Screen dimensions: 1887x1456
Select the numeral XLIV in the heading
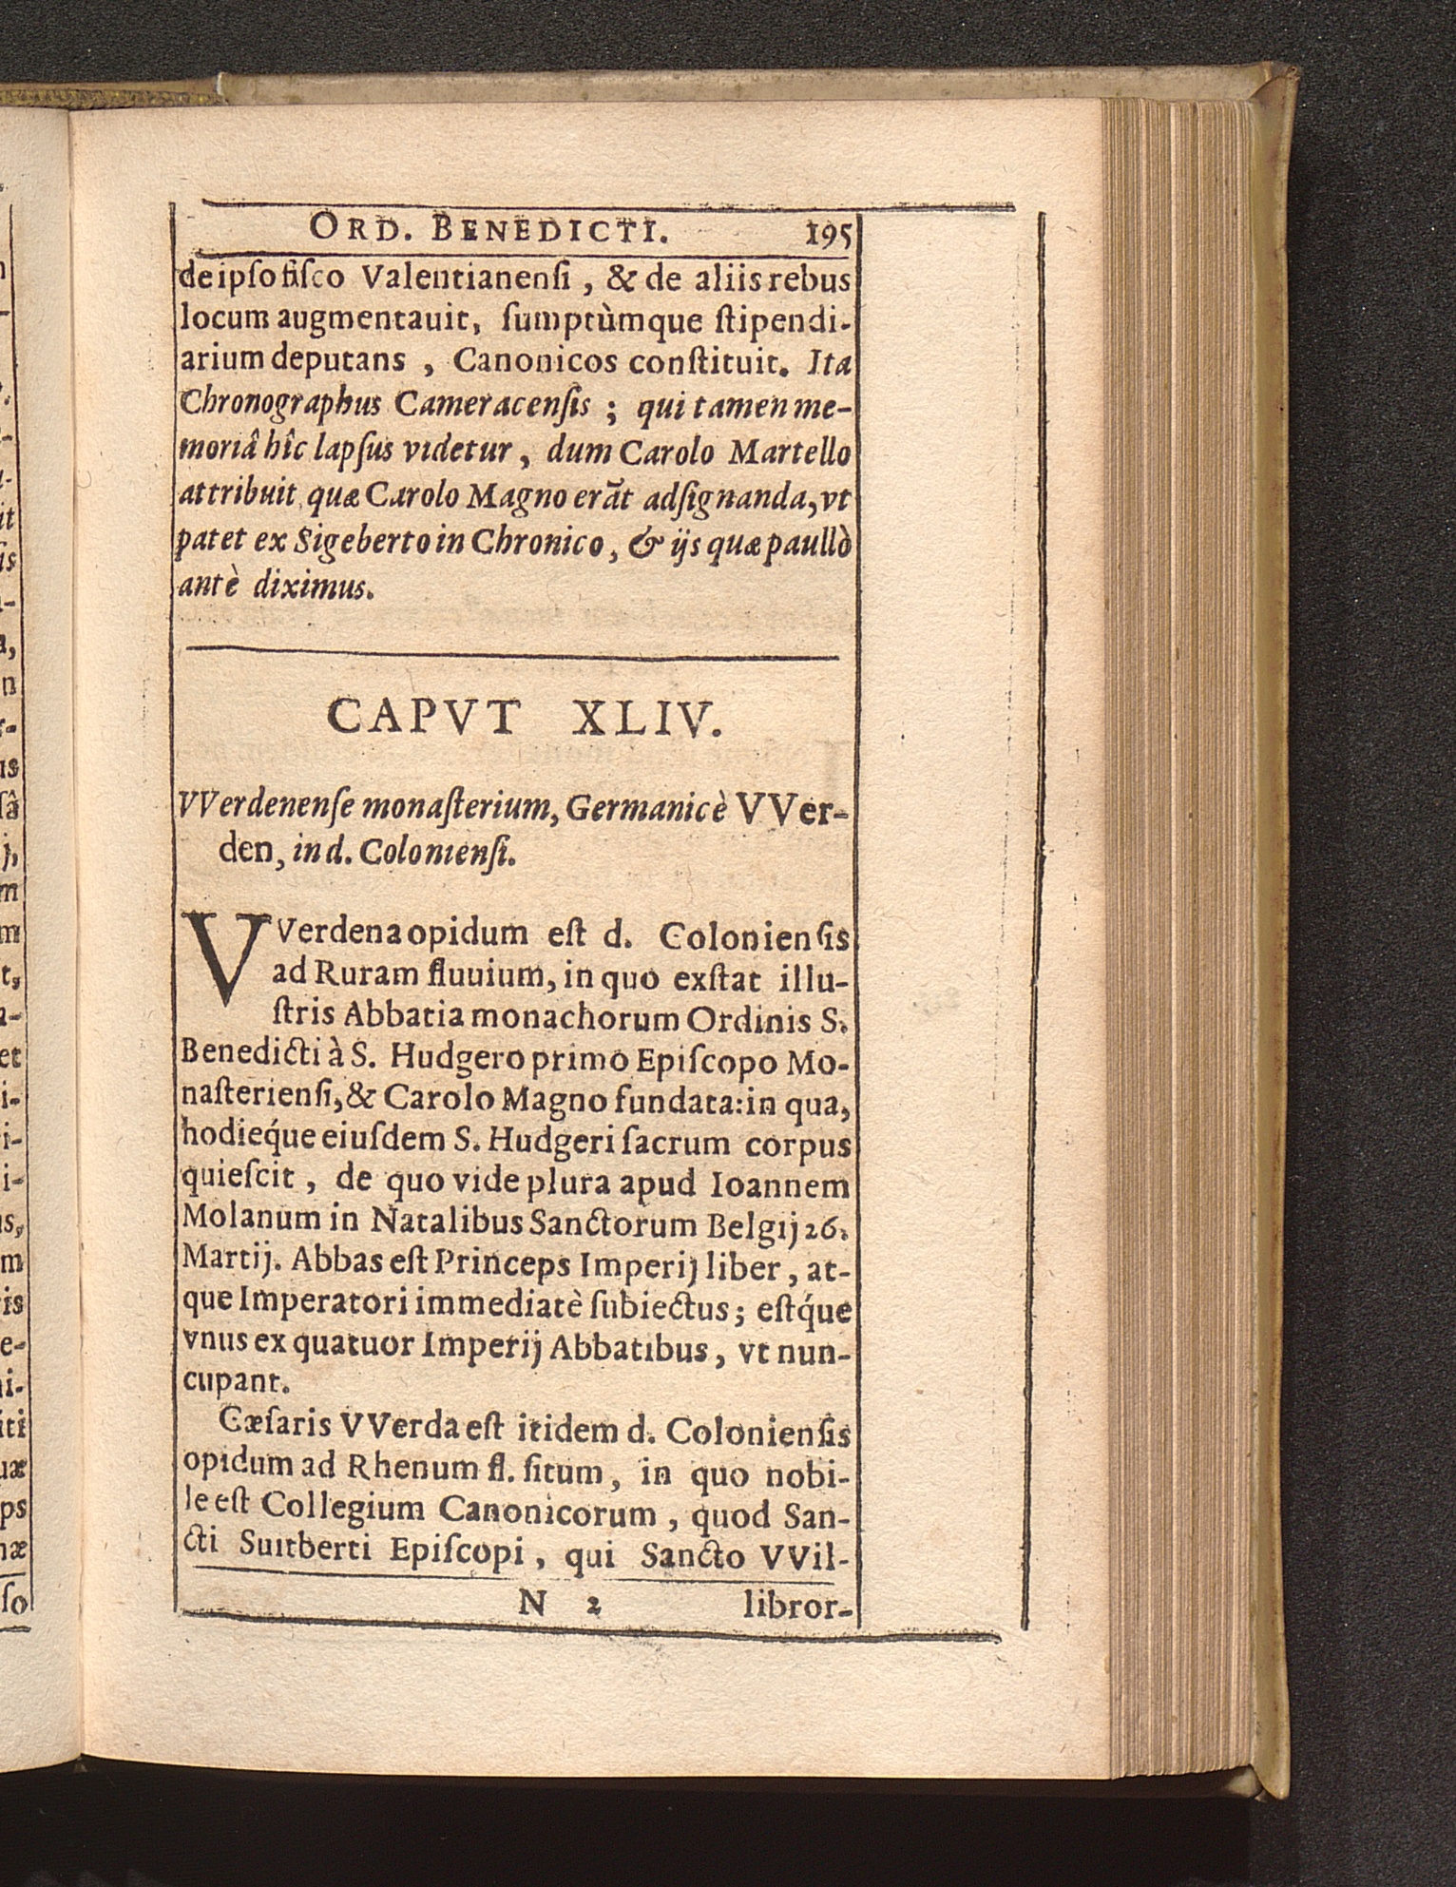pos(648,720)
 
